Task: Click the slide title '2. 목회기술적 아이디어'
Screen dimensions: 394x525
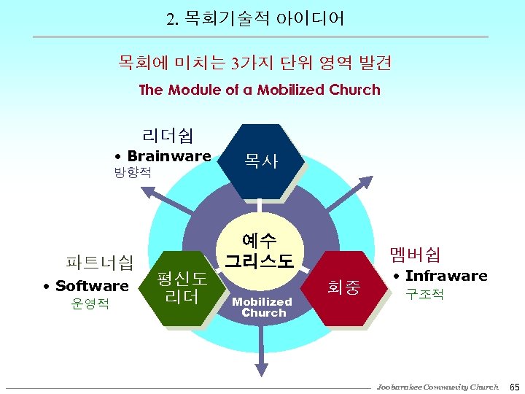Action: [x=255, y=18]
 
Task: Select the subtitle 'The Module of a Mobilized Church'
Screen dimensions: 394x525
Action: [x=260, y=90]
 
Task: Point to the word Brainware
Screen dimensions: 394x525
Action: [x=169, y=155]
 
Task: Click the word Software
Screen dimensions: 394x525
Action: [x=92, y=285]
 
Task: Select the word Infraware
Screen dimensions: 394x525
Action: [x=446, y=276]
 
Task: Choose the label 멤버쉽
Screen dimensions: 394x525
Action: [x=416, y=254]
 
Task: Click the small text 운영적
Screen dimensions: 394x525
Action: [x=90, y=304]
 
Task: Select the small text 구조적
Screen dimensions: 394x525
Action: [x=425, y=294]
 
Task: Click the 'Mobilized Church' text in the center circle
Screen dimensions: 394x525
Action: [x=262, y=306]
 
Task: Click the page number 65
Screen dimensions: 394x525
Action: [x=513, y=386]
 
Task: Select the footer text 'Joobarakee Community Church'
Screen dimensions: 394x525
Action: [x=437, y=386]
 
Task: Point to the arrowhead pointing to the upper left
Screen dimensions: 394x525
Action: [x=146, y=192]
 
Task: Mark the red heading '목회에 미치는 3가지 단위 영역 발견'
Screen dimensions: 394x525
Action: [x=255, y=63]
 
